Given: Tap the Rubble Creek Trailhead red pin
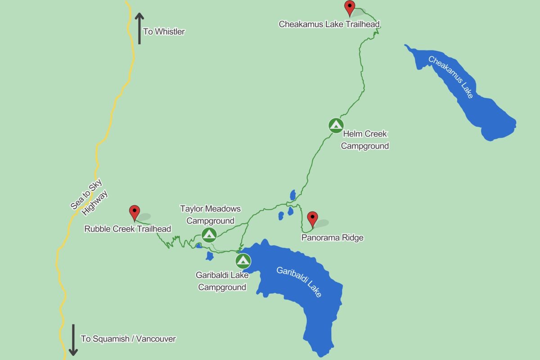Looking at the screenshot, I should [x=134, y=212].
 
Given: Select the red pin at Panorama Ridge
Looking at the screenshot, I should [x=312, y=219].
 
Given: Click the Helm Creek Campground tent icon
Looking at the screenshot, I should [x=336, y=125].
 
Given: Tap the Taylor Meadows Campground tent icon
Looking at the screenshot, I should [x=209, y=234].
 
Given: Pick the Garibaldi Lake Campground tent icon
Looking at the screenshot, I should [x=243, y=261].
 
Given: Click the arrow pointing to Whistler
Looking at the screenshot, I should [x=139, y=28].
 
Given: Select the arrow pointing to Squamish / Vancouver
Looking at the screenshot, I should [x=73, y=339].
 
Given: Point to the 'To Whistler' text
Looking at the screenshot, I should [x=164, y=32].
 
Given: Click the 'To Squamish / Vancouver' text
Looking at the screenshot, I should [x=128, y=339].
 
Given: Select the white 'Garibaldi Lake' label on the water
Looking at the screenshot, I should [x=299, y=282].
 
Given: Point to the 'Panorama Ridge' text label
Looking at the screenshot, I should [x=332, y=238].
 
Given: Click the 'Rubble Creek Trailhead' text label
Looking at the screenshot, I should [x=128, y=229].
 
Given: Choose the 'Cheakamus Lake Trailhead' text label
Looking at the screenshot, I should [x=329, y=24].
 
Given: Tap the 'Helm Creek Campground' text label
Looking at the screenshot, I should [x=364, y=140].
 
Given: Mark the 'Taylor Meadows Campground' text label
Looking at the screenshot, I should [x=211, y=215].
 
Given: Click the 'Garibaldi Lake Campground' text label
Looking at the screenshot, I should [x=222, y=281].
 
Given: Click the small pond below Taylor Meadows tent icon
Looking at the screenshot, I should [x=209, y=256].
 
